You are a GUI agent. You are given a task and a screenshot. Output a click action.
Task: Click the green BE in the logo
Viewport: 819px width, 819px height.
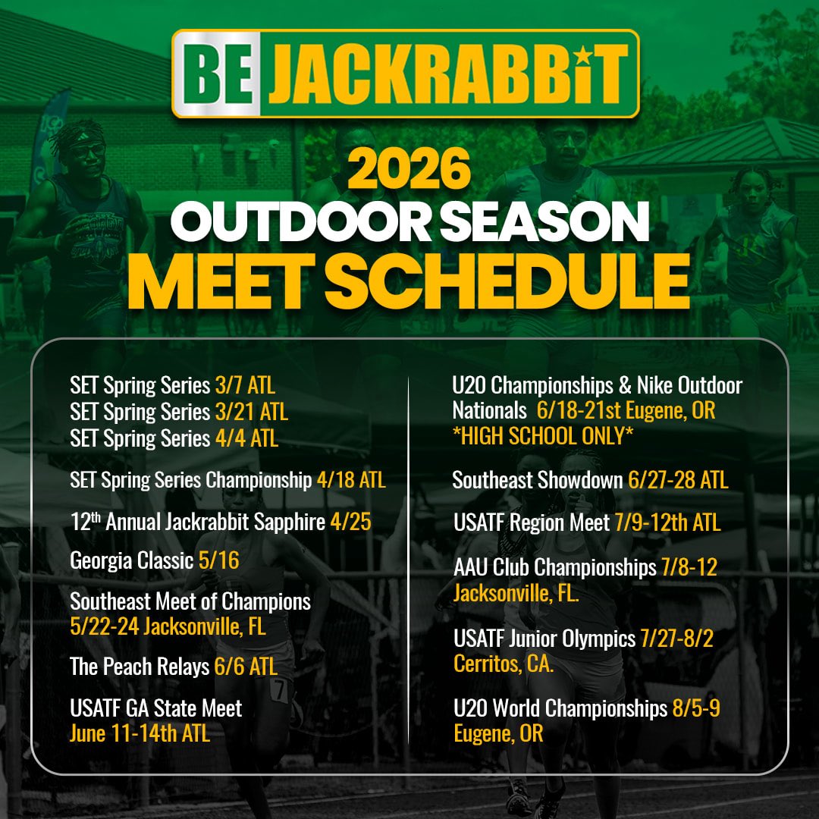tap(218, 74)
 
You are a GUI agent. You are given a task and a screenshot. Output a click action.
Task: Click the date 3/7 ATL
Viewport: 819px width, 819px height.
tap(245, 385)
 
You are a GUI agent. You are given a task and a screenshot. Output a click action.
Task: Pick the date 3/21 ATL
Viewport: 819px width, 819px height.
tap(251, 412)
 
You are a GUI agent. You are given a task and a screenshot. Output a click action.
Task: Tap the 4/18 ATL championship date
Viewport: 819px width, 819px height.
tap(350, 480)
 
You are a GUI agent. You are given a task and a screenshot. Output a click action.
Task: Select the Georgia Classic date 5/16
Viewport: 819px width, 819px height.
tap(218, 560)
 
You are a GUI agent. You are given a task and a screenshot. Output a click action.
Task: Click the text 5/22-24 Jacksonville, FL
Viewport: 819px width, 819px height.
tap(168, 627)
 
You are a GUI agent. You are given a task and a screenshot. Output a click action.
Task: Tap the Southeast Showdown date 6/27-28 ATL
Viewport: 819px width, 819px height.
tap(678, 480)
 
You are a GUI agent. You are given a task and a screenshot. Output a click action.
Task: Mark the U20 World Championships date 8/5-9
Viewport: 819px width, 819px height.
tap(695, 708)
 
